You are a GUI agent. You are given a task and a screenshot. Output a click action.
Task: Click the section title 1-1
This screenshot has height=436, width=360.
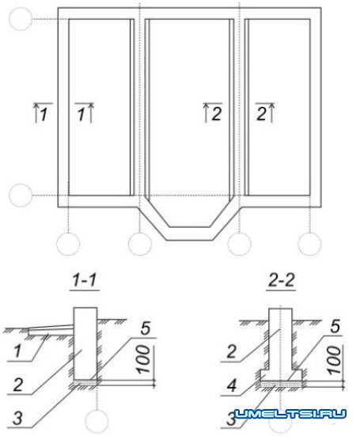pyautogui.click(x=85, y=280)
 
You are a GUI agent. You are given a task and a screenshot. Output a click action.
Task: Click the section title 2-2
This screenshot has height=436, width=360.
pyautogui.click(x=281, y=280)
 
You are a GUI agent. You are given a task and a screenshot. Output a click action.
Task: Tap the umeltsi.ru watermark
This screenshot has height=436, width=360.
pyautogui.click(x=290, y=414)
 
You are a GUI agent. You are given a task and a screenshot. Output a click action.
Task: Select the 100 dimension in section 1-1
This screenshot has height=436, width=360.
pyautogui.click(x=144, y=359)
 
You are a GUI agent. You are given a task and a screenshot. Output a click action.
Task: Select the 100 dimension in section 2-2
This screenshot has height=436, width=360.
pyautogui.click(x=334, y=360)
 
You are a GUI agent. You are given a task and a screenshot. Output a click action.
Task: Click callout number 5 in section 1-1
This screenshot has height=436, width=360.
pyautogui.click(x=146, y=328)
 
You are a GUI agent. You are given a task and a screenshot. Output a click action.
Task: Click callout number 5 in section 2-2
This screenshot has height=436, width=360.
pyautogui.click(x=335, y=326)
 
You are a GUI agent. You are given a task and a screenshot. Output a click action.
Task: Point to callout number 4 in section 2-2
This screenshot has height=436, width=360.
pyautogui.click(x=231, y=385)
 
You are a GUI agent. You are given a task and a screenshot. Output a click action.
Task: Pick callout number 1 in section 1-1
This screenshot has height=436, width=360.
pyautogui.click(x=17, y=351)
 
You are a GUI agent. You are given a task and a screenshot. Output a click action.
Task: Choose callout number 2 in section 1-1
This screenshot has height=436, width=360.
pyautogui.click(x=17, y=385)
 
